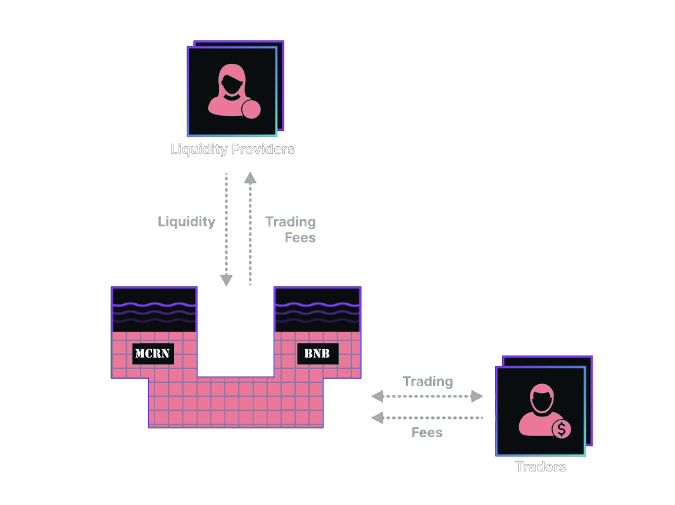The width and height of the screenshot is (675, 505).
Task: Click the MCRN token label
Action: point(153,354)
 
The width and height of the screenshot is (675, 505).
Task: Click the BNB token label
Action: point(317,354)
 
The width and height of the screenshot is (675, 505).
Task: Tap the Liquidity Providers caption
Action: point(232,150)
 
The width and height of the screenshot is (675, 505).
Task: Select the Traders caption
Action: point(540,467)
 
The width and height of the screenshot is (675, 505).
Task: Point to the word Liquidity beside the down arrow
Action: point(186,222)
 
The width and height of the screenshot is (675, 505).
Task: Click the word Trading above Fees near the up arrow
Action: point(291,222)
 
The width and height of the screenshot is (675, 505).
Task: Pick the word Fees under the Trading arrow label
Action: point(427,433)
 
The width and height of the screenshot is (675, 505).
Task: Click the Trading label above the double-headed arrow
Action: point(428,382)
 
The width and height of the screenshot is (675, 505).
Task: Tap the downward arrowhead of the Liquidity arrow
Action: point(226,280)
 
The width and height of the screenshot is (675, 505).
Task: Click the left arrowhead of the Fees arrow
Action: point(377,417)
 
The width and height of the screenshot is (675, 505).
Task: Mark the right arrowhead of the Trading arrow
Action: point(477,397)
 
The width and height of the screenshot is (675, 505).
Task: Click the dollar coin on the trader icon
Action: point(561,430)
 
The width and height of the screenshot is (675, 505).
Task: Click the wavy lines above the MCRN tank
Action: point(155,310)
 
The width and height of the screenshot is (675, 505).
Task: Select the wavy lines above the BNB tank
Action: point(317,310)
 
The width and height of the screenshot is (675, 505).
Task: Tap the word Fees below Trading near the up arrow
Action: point(301,238)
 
